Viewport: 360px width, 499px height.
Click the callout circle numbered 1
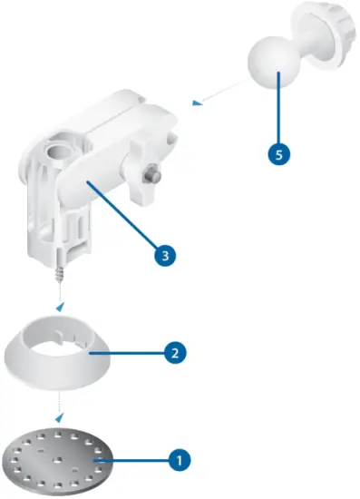[x=180, y=459]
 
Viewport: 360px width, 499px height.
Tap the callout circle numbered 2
[x=174, y=351]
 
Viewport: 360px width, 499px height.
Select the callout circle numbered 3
[x=163, y=256]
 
